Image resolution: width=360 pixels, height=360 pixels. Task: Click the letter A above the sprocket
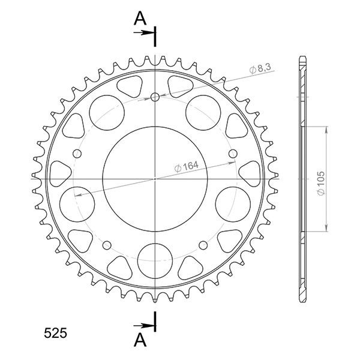point(140,19)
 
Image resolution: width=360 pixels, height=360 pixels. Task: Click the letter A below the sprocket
point(140,340)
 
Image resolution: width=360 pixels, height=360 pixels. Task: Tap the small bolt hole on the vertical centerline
point(155,97)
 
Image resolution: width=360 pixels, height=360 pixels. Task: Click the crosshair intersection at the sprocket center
point(155,179)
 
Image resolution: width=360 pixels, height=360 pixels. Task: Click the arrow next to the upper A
point(146,33)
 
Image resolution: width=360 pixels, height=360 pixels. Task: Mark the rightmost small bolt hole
point(233,155)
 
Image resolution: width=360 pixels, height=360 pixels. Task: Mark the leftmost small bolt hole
point(77,155)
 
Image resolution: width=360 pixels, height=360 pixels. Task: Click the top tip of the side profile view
point(302,58)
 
